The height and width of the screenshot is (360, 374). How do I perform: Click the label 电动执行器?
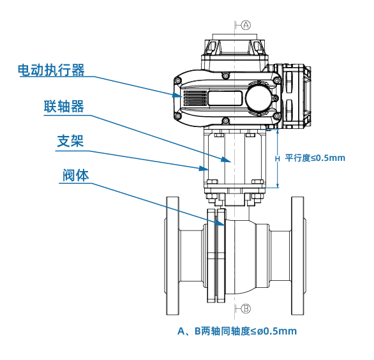click(x=51, y=70)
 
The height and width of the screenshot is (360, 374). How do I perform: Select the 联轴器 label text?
click(x=64, y=106)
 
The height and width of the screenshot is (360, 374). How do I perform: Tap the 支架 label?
click(x=70, y=141)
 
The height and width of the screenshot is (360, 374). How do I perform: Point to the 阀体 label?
click(x=76, y=176)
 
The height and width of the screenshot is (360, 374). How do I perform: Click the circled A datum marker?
click(x=246, y=25)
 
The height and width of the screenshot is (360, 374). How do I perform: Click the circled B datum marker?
click(x=246, y=309)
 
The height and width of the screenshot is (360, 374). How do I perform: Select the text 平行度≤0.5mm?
click(x=315, y=158)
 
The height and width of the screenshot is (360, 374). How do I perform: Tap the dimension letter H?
click(x=277, y=159)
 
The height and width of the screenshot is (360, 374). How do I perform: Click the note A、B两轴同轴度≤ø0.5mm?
click(x=237, y=331)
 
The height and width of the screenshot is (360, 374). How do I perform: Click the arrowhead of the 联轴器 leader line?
click(x=226, y=160)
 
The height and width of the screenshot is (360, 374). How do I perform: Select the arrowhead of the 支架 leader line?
click(x=204, y=168)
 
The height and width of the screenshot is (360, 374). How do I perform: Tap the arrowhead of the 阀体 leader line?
click(x=220, y=223)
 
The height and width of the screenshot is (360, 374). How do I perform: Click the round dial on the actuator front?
click(x=258, y=98)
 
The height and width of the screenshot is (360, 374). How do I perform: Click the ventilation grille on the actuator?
click(x=195, y=98)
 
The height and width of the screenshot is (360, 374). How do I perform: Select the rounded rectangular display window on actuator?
click(x=225, y=98)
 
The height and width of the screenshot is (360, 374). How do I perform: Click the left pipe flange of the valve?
click(x=172, y=256)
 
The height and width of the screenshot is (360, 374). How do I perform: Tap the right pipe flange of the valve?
click(x=298, y=256)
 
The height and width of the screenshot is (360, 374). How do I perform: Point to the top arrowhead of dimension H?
click(x=277, y=132)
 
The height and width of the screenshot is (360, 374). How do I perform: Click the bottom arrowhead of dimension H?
click(x=277, y=185)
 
